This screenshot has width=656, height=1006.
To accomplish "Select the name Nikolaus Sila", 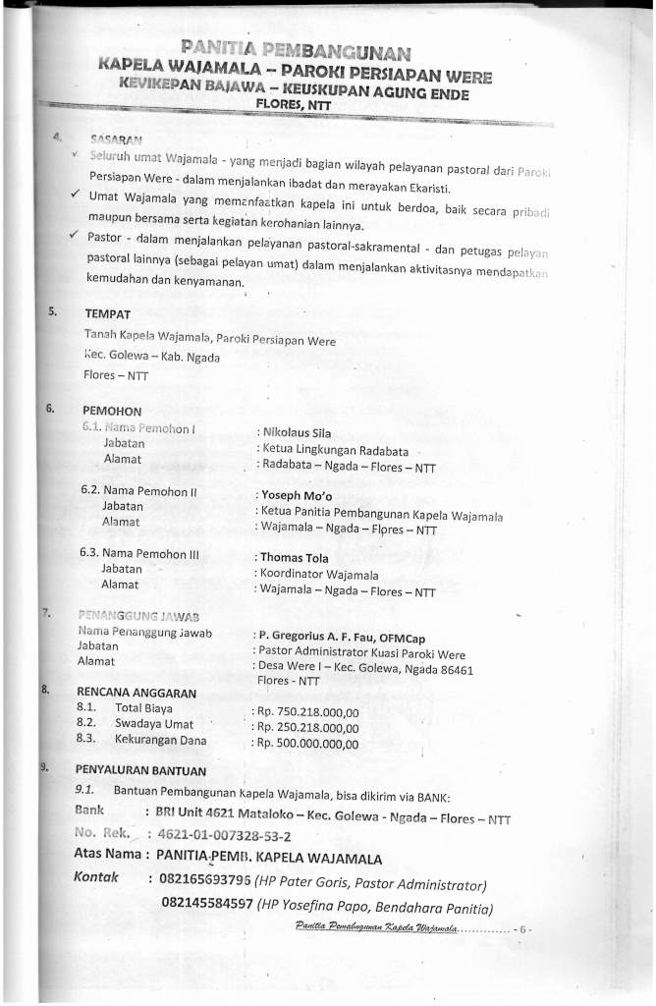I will coord(296,431).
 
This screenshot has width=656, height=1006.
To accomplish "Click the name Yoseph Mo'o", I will coord(296,495).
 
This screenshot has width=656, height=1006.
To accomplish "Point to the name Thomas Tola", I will coord(296,558).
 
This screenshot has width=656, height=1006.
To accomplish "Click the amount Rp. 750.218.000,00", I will coord(308,710).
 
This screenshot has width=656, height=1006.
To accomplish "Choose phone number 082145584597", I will coord(206,904).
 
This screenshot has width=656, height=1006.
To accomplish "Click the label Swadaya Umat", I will coord(154,723).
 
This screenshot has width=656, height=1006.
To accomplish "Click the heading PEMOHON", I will coord(113,410).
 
